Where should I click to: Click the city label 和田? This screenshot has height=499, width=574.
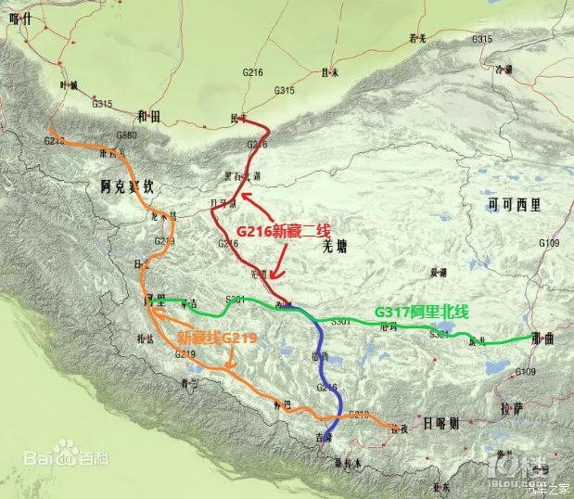tap(148, 117)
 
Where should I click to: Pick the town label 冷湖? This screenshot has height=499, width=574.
tap(529, 69)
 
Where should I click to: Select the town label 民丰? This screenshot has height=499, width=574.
tap(239, 118)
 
